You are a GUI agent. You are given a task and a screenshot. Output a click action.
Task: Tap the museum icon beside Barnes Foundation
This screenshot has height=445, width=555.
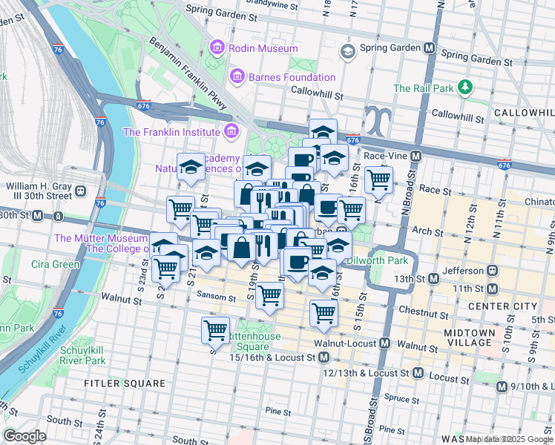point(237,76)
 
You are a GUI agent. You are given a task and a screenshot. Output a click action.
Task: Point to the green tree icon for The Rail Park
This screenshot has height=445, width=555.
point(465,88)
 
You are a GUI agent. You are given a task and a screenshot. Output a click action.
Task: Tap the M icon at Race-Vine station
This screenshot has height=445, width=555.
point(416,156)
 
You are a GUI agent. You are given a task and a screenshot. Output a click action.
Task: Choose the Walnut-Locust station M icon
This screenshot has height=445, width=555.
point(385,343)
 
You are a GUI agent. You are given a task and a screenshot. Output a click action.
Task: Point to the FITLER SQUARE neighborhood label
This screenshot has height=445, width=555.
point(114,383)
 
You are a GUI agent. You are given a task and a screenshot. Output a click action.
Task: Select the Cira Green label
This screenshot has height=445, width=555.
point(56,264)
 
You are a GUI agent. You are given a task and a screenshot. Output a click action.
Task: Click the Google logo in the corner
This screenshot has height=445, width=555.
point(24,435)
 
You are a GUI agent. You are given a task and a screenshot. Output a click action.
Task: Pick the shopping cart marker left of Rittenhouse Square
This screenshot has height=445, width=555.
point(215,328)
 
